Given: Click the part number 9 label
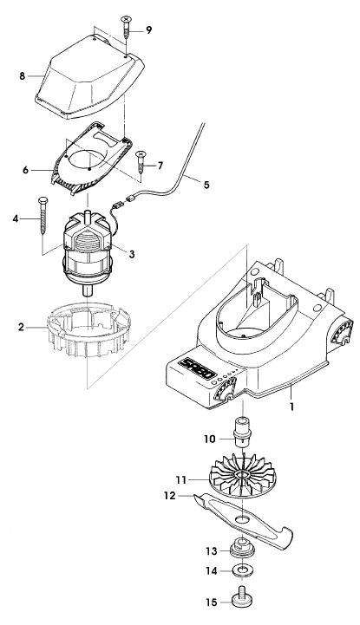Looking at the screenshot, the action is pyautogui.click(x=148, y=30).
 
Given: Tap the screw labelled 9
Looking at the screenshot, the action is pyautogui.click(x=127, y=26).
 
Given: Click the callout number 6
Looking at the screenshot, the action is pyautogui.click(x=26, y=169).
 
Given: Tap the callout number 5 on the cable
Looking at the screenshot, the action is pyautogui.click(x=206, y=185).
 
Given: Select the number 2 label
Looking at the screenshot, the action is pyautogui.click(x=21, y=328).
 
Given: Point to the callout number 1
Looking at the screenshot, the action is pyautogui.click(x=291, y=407).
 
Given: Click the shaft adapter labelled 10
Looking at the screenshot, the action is pyautogui.click(x=243, y=432).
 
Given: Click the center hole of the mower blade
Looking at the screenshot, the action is pyautogui.click(x=242, y=518).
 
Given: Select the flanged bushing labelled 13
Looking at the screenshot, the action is pyautogui.click(x=243, y=548).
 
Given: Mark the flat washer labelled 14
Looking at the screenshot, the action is pyautogui.click(x=243, y=570).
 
